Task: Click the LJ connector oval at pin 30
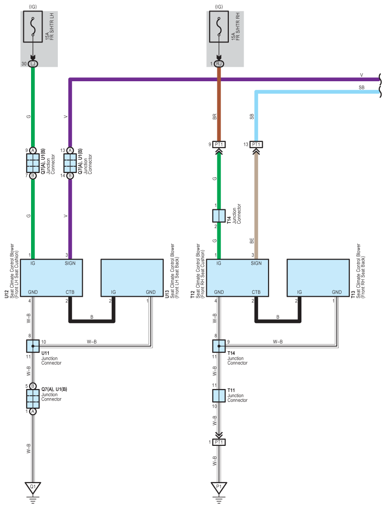point(32,64)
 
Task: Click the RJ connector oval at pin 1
point(219,64)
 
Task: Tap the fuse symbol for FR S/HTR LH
point(32,27)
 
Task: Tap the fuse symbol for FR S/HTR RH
point(219,27)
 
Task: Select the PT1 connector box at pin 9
point(219,144)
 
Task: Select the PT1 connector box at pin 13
point(256,144)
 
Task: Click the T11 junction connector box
point(219,396)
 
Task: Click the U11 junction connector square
point(32,346)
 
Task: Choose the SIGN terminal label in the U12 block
point(70,263)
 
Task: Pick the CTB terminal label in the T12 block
point(256,292)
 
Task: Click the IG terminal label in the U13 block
point(113,292)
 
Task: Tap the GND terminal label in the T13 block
point(337,292)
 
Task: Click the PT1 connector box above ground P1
point(219,442)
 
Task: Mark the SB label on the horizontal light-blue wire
point(361,87)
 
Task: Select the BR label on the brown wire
point(214,117)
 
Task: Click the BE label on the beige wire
point(252,241)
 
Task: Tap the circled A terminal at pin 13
point(70,151)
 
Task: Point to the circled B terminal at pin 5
point(32,386)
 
